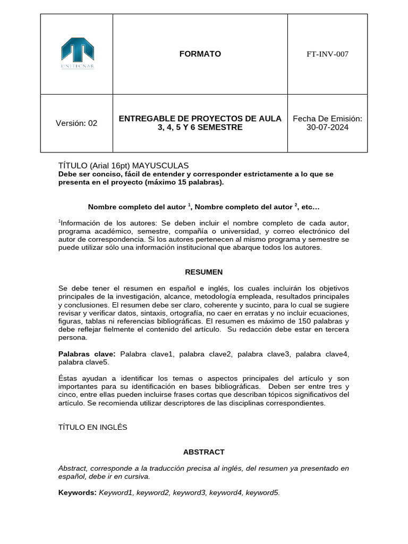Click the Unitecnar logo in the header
click(x=77, y=54)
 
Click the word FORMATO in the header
click(x=200, y=54)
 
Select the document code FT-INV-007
click(x=327, y=54)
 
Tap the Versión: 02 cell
click(x=76, y=123)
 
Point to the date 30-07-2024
click(x=327, y=127)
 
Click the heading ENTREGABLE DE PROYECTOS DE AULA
click(x=200, y=118)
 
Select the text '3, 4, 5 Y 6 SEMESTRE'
click(x=200, y=127)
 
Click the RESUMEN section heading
click(x=203, y=272)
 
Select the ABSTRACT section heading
click(x=203, y=452)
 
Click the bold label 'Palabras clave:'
click(x=87, y=354)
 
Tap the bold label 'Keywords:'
click(x=77, y=493)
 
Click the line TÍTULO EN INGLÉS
click(x=92, y=427)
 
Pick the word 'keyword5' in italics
click(x=262, y=493)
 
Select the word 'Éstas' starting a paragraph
click(x=67, y=378)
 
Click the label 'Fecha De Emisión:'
click(x=327, y=118)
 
